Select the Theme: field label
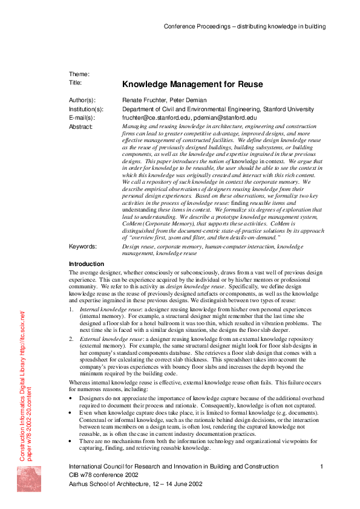(x=79, y=74)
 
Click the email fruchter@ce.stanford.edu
(x=159, y=118)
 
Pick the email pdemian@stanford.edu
(x=226, y=118)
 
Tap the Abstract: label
(x=81, y=126)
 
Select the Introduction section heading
(x=87, y=264)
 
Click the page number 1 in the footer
(x=322, y=467)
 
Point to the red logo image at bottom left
(x=28, y=487)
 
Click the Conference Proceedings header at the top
(x=244, y=27)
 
